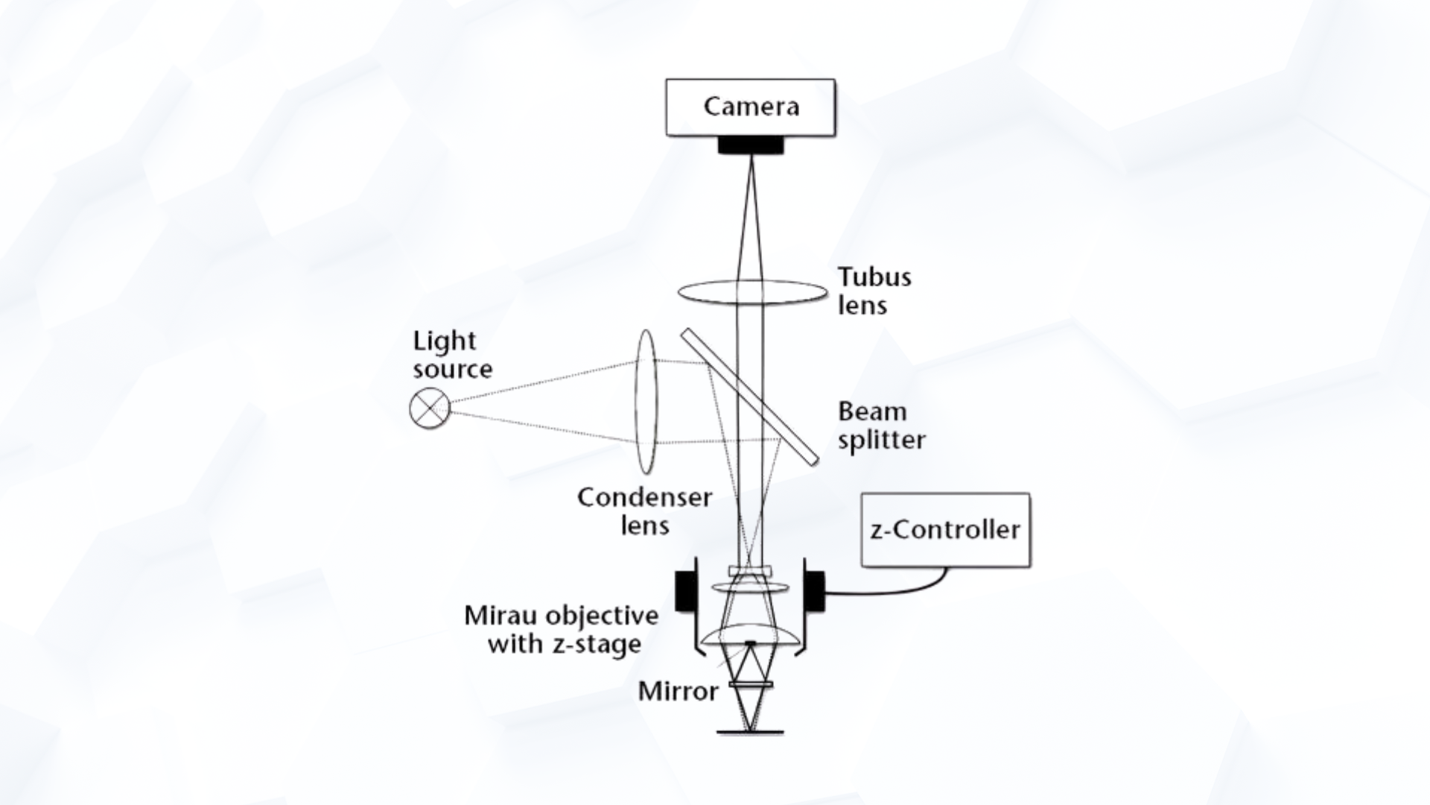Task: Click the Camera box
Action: coord(751,107)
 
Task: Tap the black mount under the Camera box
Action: coord(751,145)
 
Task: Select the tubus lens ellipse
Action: coord(752,292)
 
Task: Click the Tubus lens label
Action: coord(874,291)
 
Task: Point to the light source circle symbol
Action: coord(430,408)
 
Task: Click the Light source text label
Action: coord(453,355)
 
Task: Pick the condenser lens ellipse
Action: coord(646,402)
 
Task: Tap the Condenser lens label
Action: coord(645,511)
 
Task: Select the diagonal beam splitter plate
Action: coord(749,396)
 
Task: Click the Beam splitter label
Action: coord(882,425)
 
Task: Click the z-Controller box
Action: coord(946,530)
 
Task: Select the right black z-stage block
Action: coord(814,591)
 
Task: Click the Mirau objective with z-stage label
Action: coord(562,630)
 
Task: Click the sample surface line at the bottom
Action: coord(750,733)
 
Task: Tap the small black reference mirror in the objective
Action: coord(751,642)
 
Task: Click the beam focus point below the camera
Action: coord(751,157)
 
